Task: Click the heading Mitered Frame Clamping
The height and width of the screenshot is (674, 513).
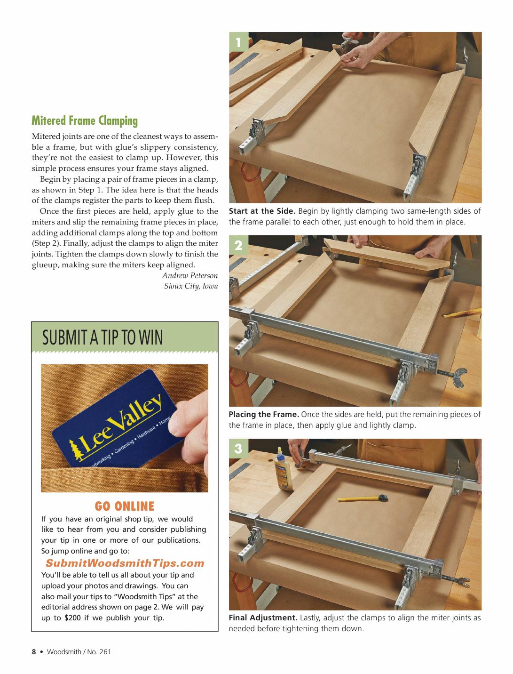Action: [85, 121]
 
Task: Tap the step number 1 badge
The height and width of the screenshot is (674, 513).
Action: [238, 42]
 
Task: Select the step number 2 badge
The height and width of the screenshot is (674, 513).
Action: [238, 246]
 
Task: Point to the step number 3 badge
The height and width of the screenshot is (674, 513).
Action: [238, 449]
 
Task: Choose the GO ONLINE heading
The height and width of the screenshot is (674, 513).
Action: [125, 506]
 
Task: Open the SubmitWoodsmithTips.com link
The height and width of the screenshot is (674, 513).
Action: [125, 563]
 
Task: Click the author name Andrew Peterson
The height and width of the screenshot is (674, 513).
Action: [190, 275]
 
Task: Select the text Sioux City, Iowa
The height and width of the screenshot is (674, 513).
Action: [191, 286]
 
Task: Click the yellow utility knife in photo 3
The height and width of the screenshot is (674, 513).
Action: [362, 497]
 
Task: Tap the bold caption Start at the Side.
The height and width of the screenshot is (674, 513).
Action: [262, 211]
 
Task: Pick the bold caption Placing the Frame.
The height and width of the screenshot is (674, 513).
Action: [264, 414]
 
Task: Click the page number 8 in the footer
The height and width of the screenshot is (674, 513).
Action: [34, 652]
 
